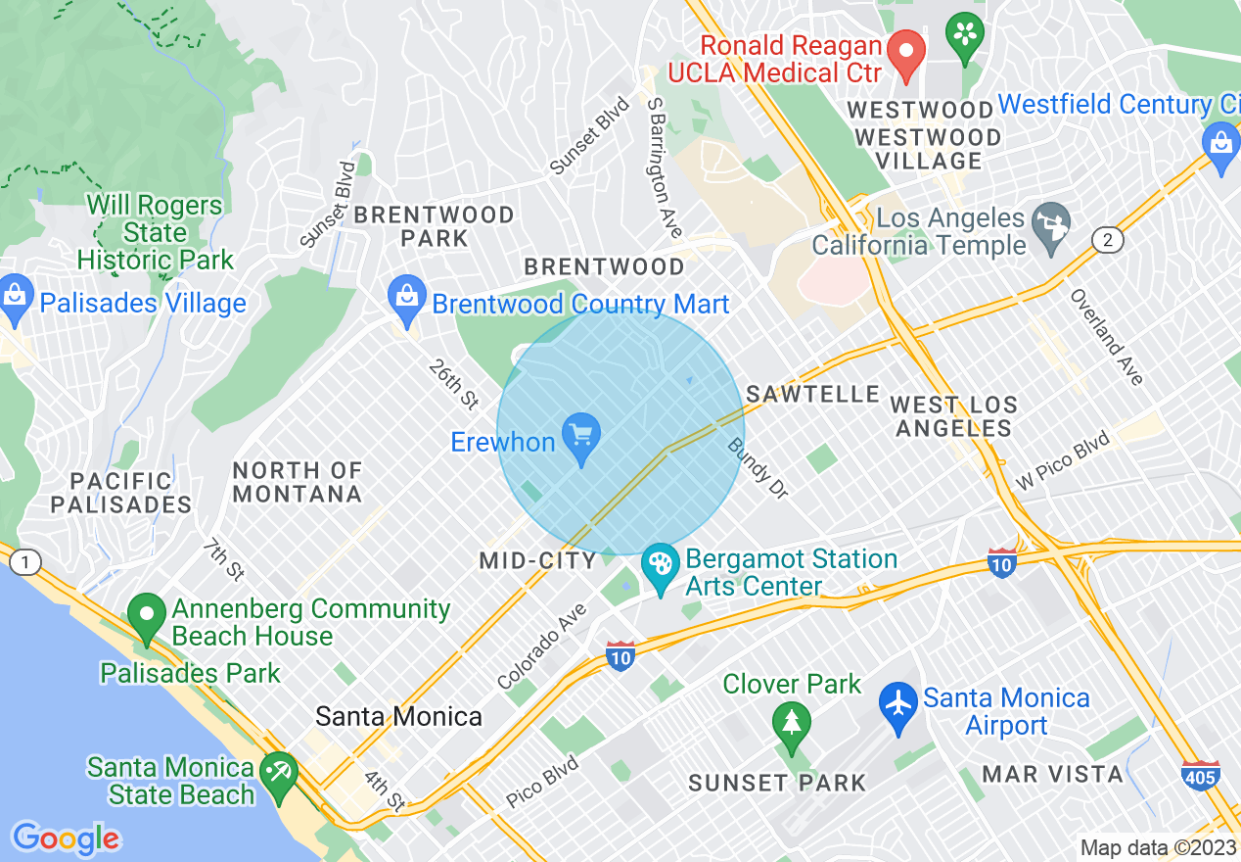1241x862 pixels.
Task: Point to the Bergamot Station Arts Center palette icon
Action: click(x=661, y=567)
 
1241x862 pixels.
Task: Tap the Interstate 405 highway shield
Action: click(x=1200, y=775)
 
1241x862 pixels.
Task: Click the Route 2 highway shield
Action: click(x=1106, y=240)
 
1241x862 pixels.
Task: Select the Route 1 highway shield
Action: click(x=24, y=562)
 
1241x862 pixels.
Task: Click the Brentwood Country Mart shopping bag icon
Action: click(x=404, y=297)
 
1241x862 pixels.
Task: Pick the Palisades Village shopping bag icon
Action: click(x=15, y=299)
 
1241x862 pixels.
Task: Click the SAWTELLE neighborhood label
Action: click(x=813, y=394)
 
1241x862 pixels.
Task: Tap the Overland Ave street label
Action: click(x=1106, y=337)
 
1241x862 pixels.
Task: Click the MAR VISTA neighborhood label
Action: click(x=1052, y=774)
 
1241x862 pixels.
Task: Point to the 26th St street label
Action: click(x=453, y=384)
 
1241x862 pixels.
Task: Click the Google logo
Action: click(x=66, y=838)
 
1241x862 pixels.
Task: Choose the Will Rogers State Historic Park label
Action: click(x=155, y=233)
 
